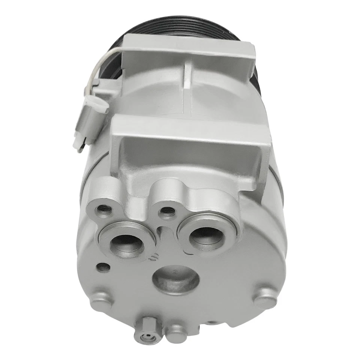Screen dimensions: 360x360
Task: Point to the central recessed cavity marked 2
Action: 176,279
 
